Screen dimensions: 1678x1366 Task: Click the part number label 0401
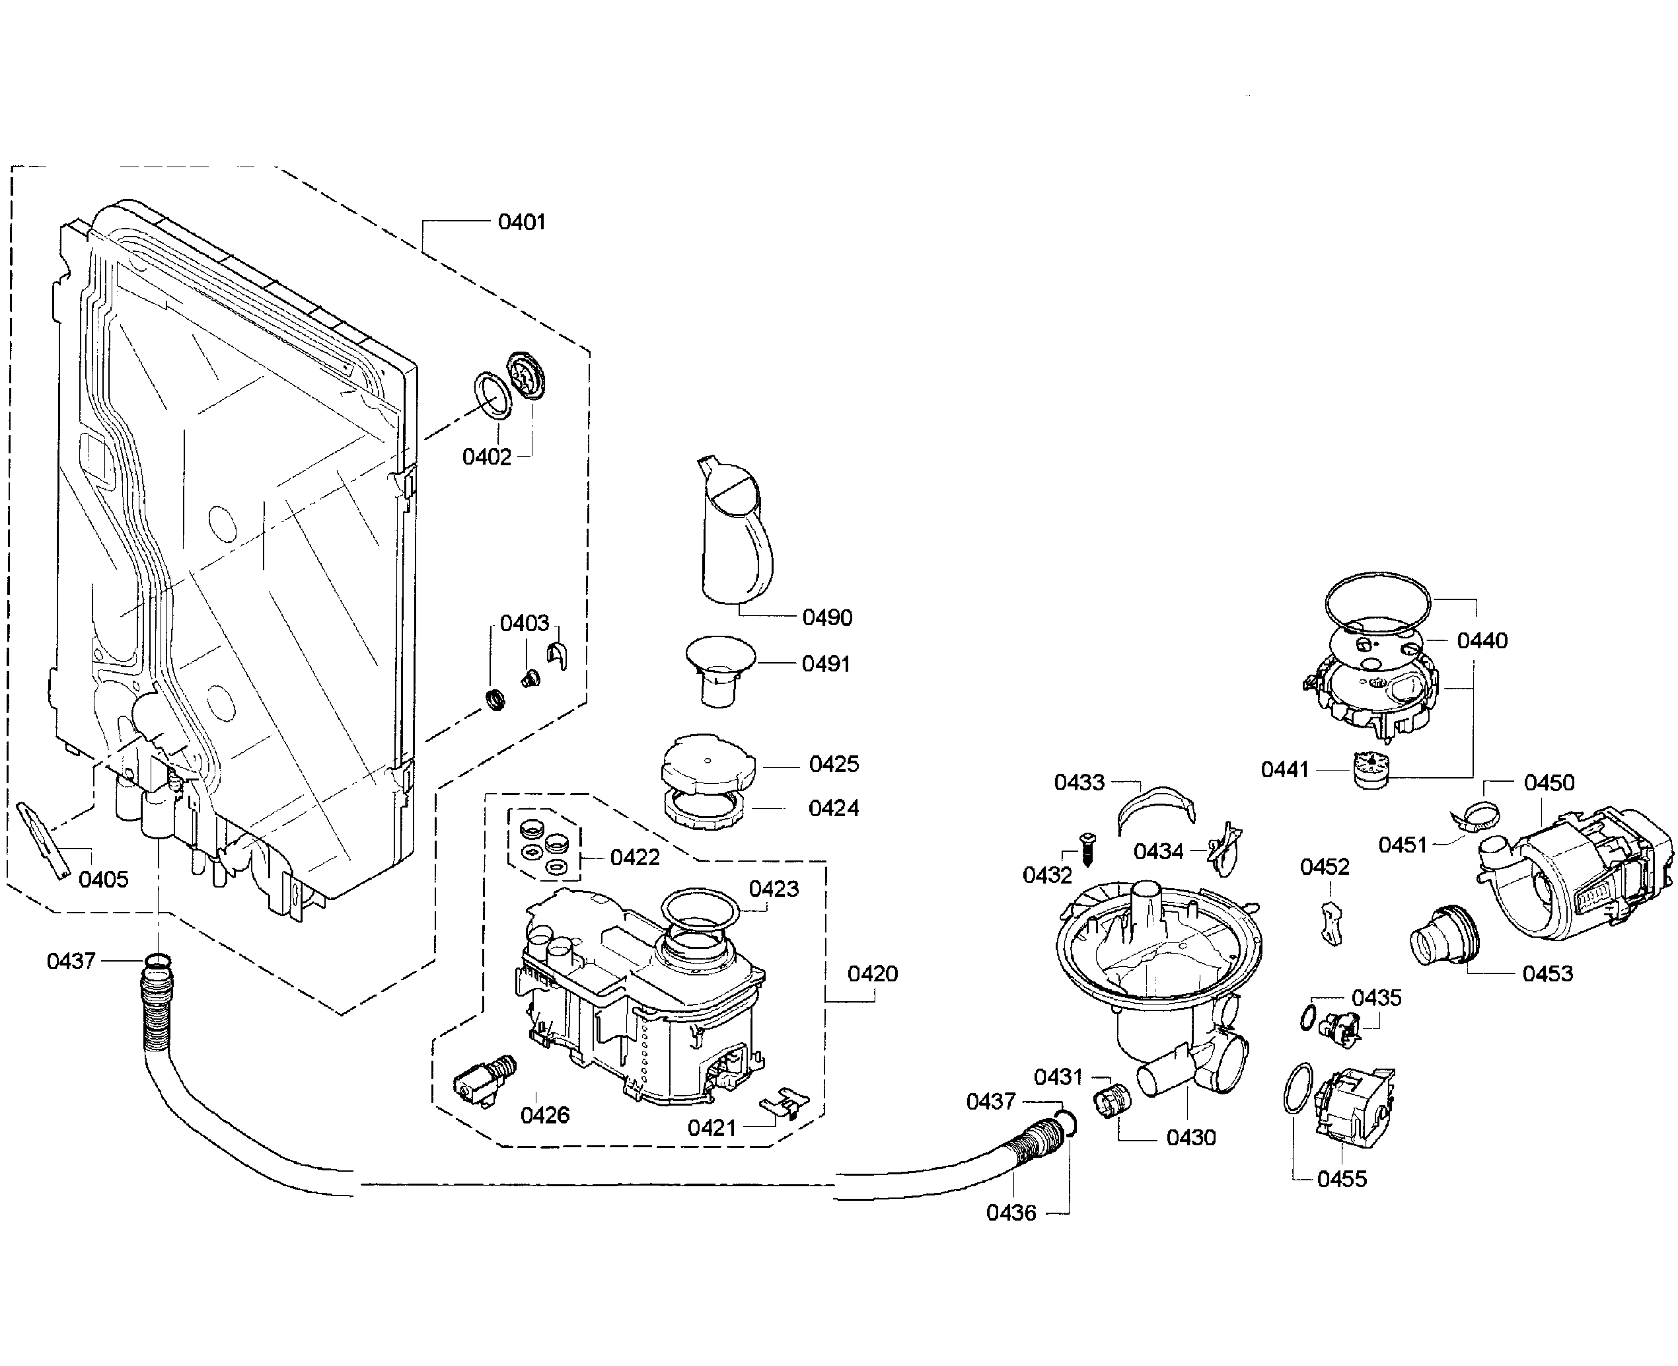(522, 222)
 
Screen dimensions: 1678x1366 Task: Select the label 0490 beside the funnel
(827, 618)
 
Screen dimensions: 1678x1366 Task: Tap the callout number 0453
(1547, 973)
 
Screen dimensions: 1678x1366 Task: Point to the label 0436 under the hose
(1011, 1213)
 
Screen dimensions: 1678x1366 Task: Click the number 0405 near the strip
(103, 879)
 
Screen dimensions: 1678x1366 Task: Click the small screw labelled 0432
(1088, 849)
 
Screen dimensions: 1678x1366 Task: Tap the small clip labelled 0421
(784, 1101)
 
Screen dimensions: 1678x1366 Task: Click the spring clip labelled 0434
(1224, 849)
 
